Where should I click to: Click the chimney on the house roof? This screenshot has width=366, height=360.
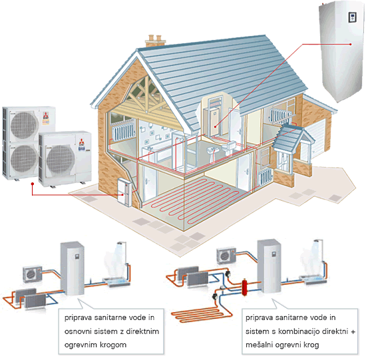[155, 41]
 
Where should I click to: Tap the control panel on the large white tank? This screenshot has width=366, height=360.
[352, 17]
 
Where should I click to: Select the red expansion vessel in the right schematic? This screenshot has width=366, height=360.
[244, 287]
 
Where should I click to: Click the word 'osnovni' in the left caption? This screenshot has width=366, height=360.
[78, 331]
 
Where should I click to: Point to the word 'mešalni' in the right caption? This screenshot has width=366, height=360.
[260, 345]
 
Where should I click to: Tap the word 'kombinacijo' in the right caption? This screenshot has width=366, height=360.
[299, 331]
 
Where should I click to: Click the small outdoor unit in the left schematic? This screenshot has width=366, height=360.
[33, 274]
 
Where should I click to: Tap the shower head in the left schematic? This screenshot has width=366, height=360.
[120, 244]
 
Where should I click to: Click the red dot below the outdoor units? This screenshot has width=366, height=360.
[33, 184]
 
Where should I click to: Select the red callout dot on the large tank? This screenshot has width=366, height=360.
[350, 44]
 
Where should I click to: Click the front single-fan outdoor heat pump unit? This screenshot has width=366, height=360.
[65, 159]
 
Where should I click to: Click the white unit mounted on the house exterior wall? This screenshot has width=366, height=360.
[124, 192]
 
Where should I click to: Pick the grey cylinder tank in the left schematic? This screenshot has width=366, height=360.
[72, 268]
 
